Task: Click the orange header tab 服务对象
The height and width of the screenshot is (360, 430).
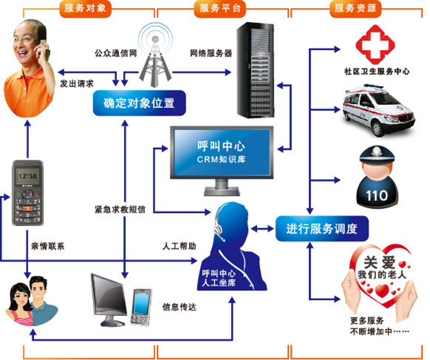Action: (x=85, y=9)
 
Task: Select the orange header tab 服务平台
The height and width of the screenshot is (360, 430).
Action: (x=219, y=9)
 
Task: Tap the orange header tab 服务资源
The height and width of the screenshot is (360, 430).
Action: (x=355, y=9)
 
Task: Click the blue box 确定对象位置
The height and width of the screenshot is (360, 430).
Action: (x=140, y=103)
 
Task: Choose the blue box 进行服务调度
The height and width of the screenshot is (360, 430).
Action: (x=321, y=228)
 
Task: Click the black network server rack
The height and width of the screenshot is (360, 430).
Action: (x=256, y=70)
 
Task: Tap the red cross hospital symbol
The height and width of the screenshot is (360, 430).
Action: (x=375, y=44)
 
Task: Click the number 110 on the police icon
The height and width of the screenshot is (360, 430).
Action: (x=377, y=196)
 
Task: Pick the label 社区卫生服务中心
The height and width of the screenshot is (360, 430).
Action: (x=377, y=72)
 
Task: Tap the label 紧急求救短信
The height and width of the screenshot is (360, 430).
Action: (x=120, y=209)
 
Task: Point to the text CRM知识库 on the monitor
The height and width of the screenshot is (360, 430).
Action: (x=221, y=160)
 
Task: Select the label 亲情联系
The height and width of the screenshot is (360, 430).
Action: (x=48, y=246)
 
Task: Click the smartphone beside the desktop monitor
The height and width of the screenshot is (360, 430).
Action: (x=141, y=307)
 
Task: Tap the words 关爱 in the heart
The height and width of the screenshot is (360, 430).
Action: (x=379, y=262)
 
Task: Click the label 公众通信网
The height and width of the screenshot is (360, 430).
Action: (x=116, y=53)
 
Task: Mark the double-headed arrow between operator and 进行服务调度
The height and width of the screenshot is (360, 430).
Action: (x=262, y=228)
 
